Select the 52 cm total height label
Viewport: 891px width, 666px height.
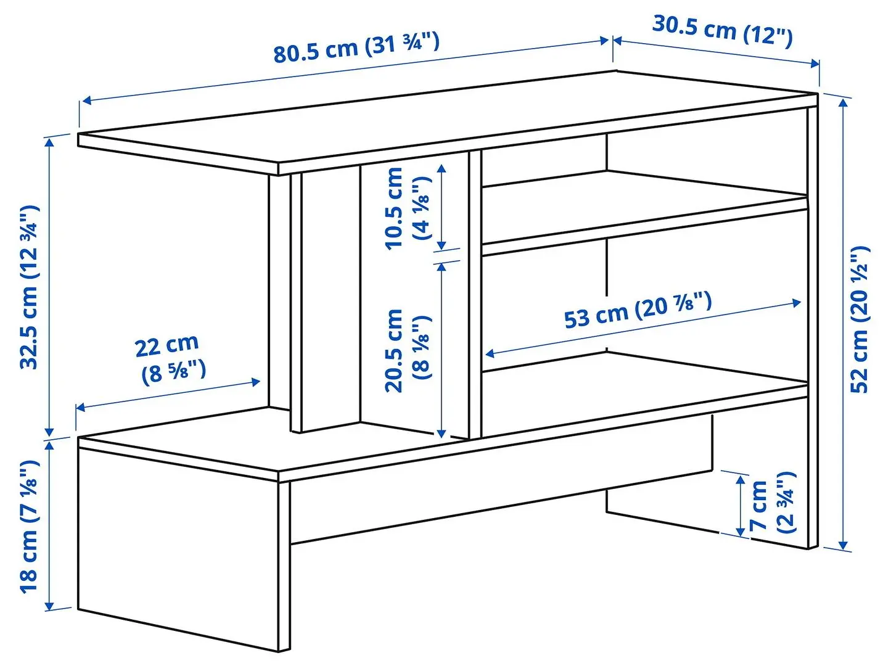pyautogui.click(x=860, y=319)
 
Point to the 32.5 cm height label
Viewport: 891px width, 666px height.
pyautogui.click(x=30, y=287)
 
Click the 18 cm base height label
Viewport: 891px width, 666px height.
pyautogui.click(x=30, y=526)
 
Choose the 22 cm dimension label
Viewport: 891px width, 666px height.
pyautogui.click(x=170, y=359)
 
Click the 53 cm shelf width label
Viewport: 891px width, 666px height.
pyautogui.click(x=638, y=311)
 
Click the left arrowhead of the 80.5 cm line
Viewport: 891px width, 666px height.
pyautogui.click(x=86, y=100)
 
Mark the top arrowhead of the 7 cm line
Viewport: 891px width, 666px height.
pyautogui.click(x=741, y=479)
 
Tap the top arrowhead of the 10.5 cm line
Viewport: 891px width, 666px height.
pyautogui.click(x=441, y=167)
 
